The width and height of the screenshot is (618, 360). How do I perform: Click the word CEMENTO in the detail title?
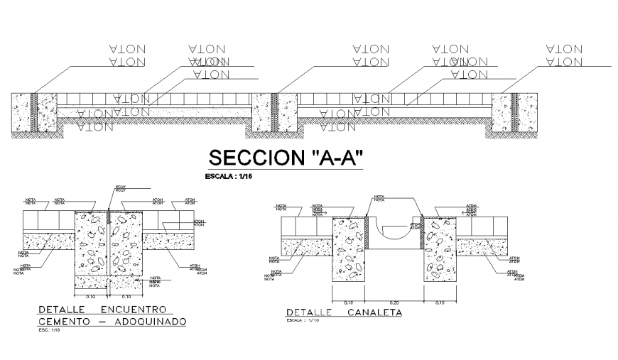pyautogui.click(x=66, y=322)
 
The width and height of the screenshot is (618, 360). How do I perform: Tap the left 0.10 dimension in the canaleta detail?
pyautogui.click(x=348, y=302)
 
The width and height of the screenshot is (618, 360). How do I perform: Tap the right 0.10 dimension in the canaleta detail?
pyautogui.click(x=440, y=302)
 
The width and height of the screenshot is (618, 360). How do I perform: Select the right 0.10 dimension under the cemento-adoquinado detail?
pyautogui.click(x=126, y=295)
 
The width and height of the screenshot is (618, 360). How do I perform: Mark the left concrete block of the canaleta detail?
pyautogui.click(x=348, y=249)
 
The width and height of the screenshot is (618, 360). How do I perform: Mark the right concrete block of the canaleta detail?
pyautogui.click(x=440, y=249)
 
